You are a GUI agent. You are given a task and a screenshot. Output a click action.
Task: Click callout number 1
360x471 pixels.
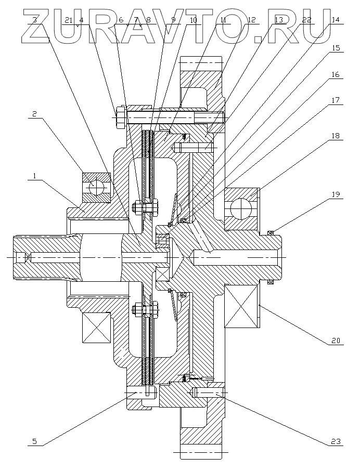coord(34,176)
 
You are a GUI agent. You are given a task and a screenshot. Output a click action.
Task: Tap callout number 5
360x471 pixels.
coord(34,441)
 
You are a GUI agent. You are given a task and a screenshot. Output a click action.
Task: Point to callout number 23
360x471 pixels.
coord(336,441)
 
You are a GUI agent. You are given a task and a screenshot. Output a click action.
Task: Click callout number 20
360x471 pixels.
coord(336,342)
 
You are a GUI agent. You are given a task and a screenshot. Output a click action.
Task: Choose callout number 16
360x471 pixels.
coord(336,74)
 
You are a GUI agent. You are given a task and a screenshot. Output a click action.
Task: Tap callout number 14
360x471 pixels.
coord(336,20)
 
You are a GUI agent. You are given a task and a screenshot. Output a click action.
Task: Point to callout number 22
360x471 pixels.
coord(307,20)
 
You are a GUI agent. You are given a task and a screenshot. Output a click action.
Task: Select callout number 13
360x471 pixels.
coord(279,20)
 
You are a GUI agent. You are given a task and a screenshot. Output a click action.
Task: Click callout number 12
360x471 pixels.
coord(252,20)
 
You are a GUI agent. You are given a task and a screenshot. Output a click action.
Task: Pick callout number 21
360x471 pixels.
coord(69,20)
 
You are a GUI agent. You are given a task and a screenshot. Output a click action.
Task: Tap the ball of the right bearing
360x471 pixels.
coord(238,209)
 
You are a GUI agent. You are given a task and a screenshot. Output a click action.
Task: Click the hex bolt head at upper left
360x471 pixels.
coord(121,117)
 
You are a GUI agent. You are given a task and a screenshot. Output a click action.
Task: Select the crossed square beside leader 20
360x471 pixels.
coord(241,307)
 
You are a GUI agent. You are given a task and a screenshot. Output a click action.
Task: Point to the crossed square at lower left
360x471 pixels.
coord(95,327)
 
